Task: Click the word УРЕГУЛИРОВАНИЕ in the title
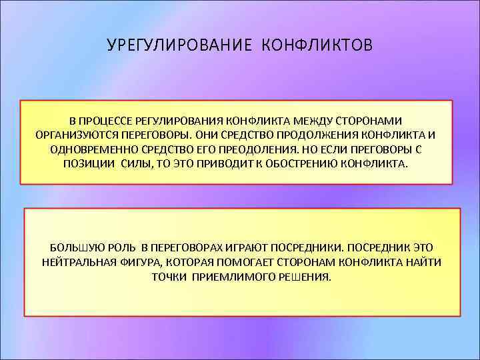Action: (x=178, y=46)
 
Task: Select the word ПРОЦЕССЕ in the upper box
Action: (x=105, y=121)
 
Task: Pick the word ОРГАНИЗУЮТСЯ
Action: (x=76, y=135)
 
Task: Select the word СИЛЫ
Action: (x=137, y=164)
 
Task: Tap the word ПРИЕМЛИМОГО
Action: (x=231, y=277)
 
